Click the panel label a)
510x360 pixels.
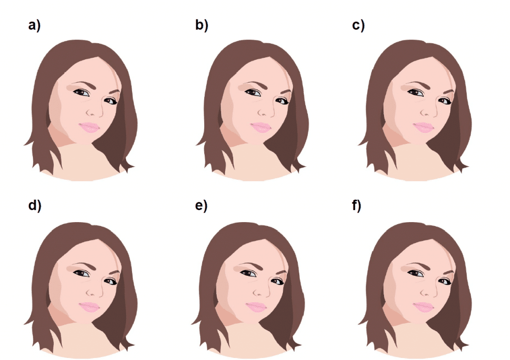point(34,25)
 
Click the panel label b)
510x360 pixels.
point(202,25)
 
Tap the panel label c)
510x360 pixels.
point(359,25)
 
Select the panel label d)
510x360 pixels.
point(35,206)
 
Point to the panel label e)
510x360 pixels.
point(201,206)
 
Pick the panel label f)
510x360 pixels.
point(357,206)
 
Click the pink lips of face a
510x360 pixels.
point(90,127)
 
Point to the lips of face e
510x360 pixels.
point(256,307)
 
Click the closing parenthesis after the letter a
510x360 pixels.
point(39,25)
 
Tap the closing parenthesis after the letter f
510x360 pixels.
point(359,206)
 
